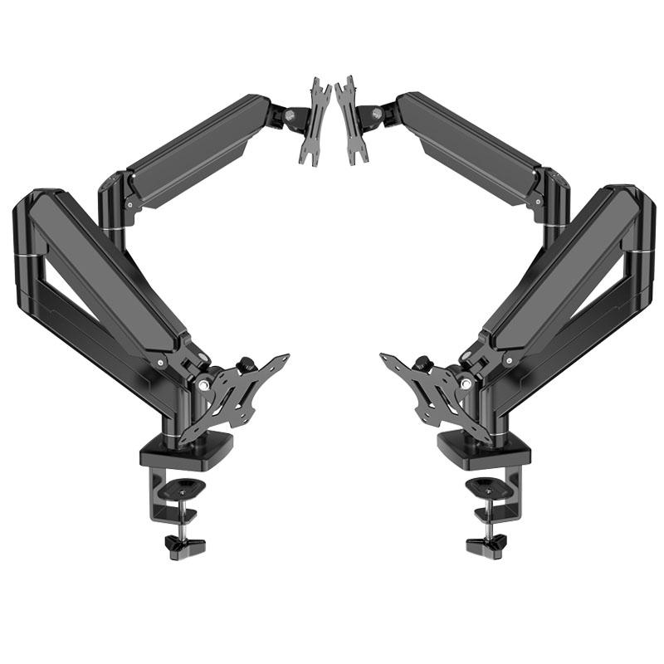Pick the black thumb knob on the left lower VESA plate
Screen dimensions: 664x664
click(246, 364)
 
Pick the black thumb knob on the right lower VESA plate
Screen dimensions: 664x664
click(420, 364)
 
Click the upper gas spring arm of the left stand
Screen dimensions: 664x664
click(195, 149)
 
